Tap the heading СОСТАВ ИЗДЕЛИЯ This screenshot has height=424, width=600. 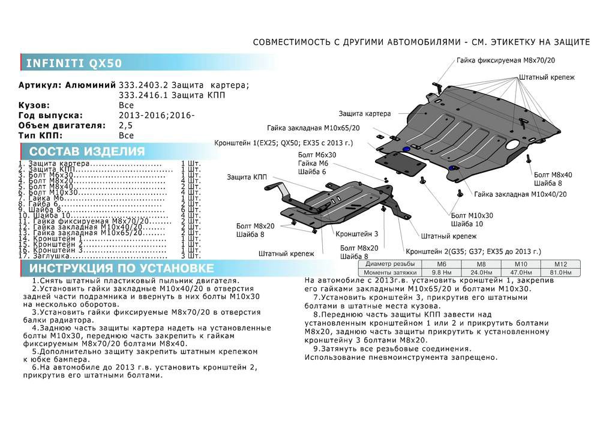point(87,151)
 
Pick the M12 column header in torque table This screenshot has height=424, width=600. point(560,264)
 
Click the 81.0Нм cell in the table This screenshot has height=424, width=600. point(560,272)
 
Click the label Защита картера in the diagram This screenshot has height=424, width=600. point(364,113)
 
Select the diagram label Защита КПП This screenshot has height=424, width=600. point(247,177)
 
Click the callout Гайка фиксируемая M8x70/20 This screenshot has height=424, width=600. point(505,61)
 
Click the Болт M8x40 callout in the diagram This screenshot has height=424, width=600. point(553,175)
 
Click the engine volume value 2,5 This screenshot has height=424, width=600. point(127,125)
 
